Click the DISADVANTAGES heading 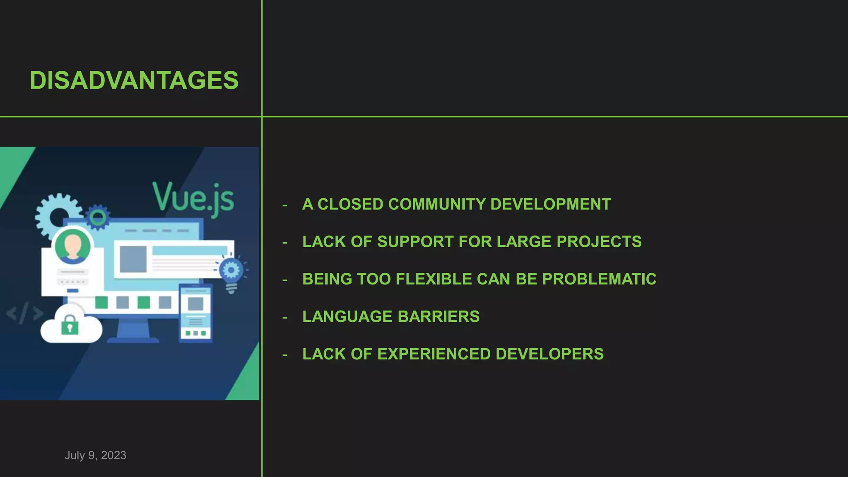(134, 80)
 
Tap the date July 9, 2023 (95, 455)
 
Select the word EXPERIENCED (434, 354)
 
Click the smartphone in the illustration (195, 313)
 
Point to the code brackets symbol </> (24, 313)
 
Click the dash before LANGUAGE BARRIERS (284, 318)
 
